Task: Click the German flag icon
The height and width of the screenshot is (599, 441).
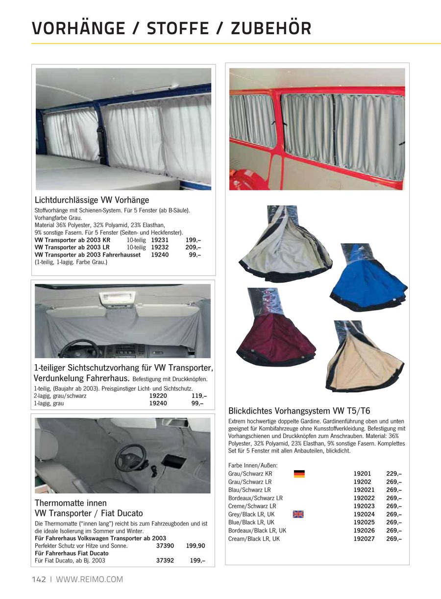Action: tap(299, 474)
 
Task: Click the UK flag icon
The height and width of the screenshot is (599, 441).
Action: tap(298, 514)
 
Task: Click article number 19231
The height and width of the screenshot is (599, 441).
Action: tap(160, 240)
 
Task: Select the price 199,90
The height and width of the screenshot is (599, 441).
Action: tap(196, 546)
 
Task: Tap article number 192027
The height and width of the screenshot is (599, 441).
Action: tap(364, 539)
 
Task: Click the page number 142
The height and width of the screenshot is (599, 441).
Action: tap(39, 579)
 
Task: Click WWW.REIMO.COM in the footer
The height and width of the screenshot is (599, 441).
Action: tap(90, 579)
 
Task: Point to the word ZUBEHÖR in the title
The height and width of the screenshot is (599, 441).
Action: tap(271, 29)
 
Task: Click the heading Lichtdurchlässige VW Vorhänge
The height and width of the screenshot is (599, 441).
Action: tap(92, 200)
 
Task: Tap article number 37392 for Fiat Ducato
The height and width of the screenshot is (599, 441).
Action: tap(165, 561)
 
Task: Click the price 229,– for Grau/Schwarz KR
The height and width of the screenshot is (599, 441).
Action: tap(394, 474)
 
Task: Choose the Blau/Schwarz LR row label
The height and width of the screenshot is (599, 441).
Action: tap(249, 490)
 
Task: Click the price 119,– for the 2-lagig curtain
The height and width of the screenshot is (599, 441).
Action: tap(199, 396)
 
